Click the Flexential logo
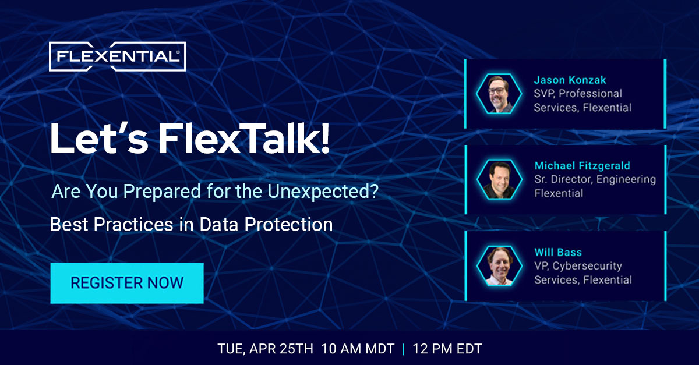117,56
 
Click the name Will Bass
558,252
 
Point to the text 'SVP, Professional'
578,93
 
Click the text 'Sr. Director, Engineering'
595,179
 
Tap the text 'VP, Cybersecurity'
578,266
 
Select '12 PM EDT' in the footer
447,349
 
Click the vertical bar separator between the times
403,349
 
